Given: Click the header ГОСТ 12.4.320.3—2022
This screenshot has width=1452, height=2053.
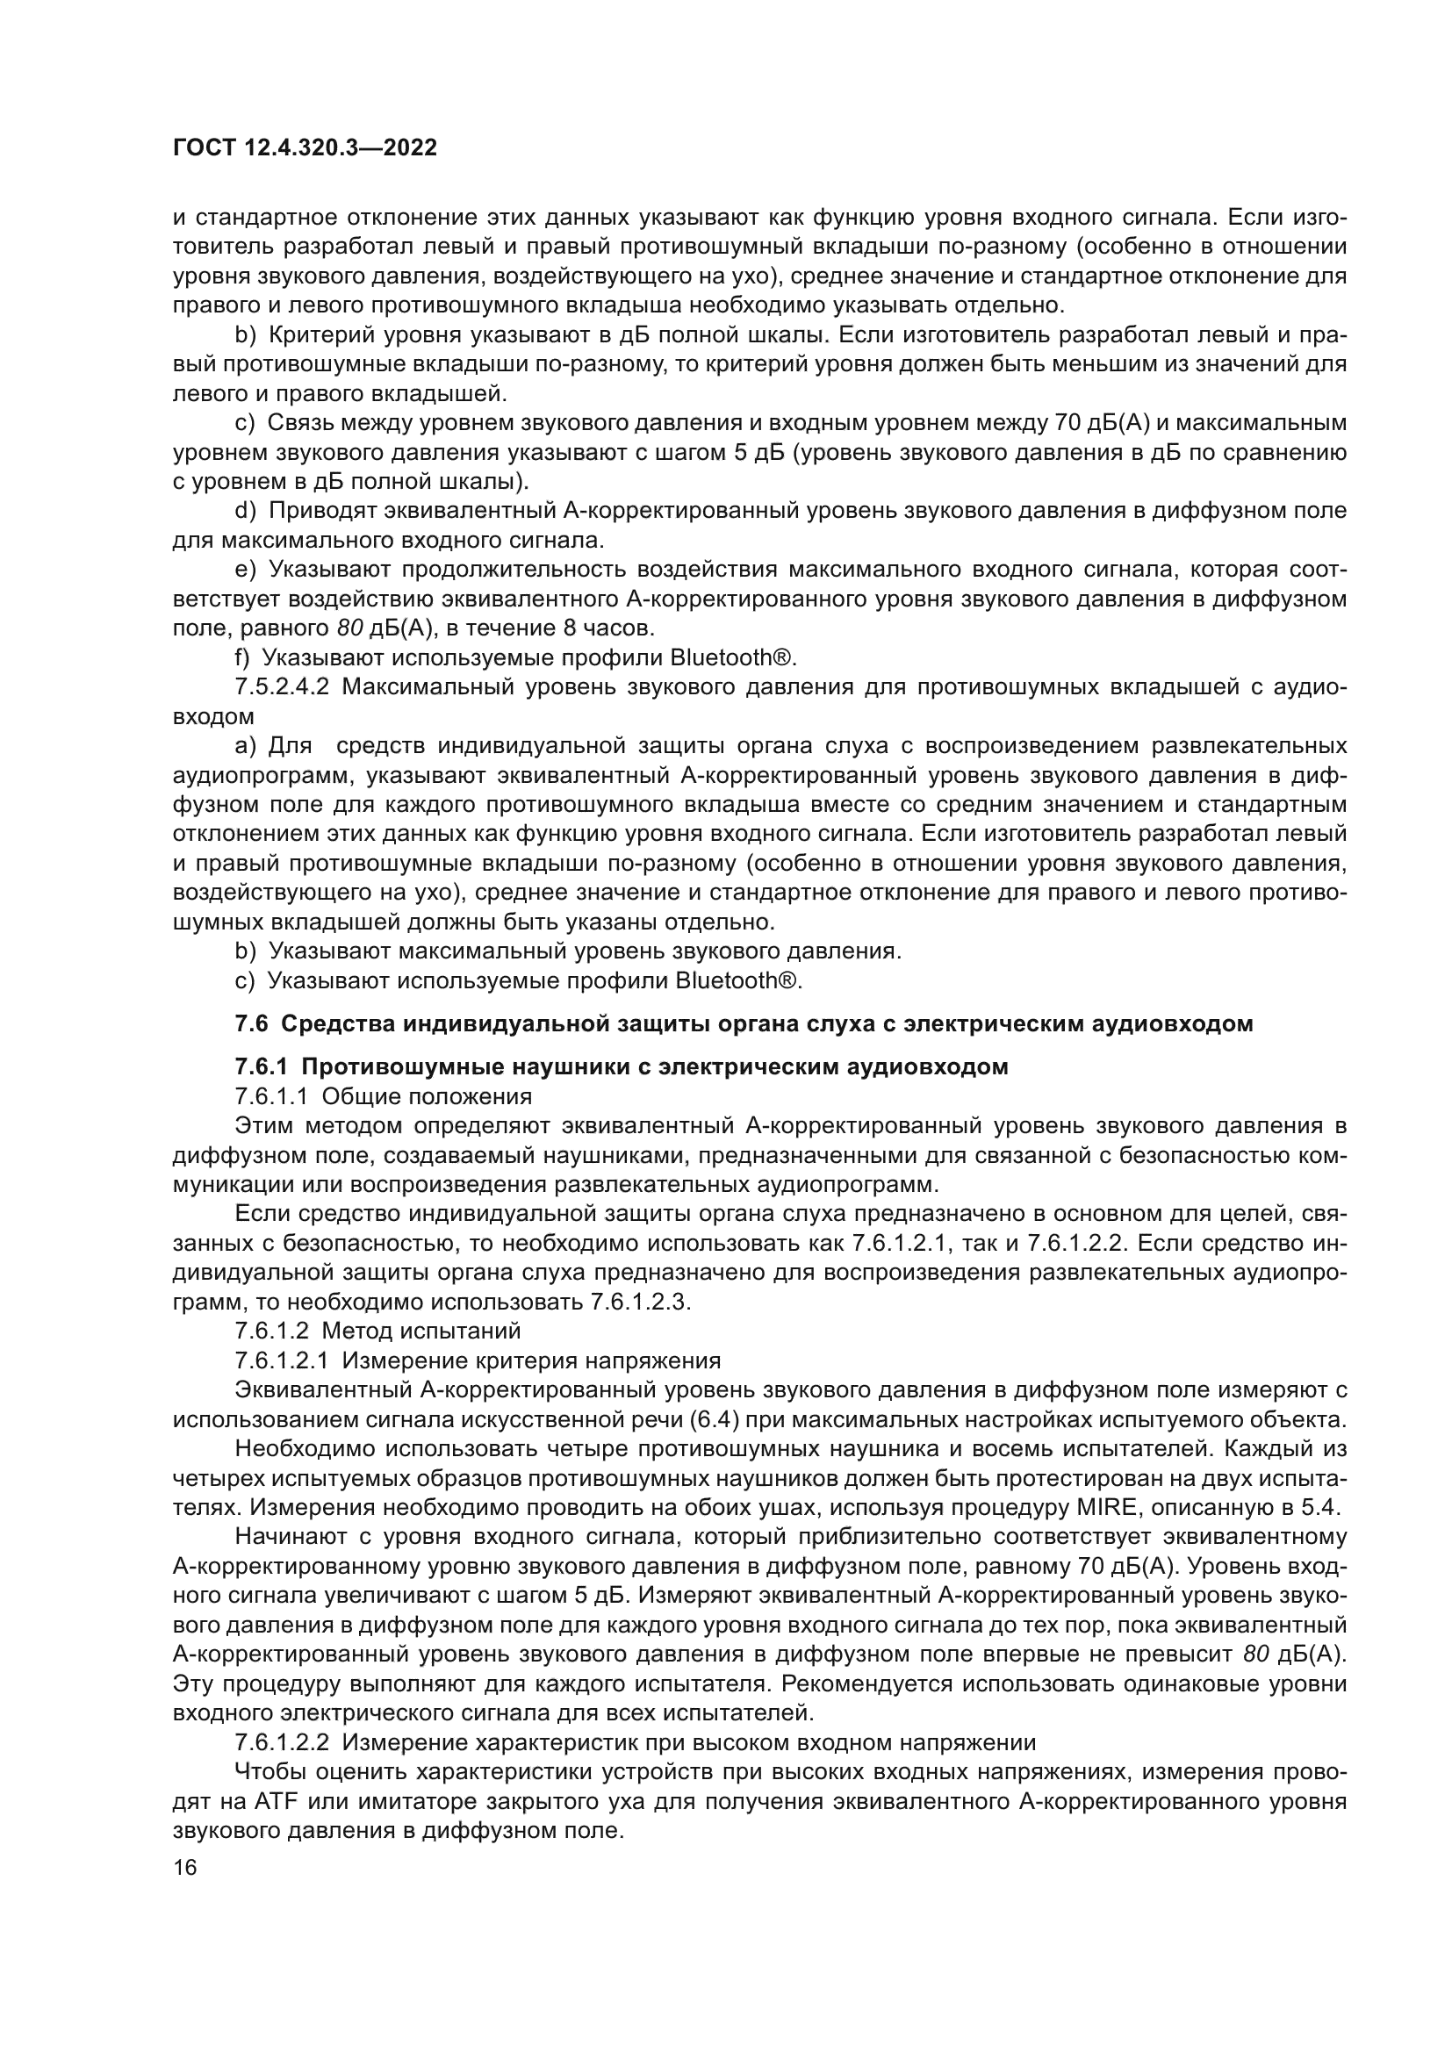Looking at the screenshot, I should click(x=304, y=147).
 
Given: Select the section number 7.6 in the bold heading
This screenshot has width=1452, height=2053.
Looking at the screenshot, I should click(x=252, y=1023).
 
